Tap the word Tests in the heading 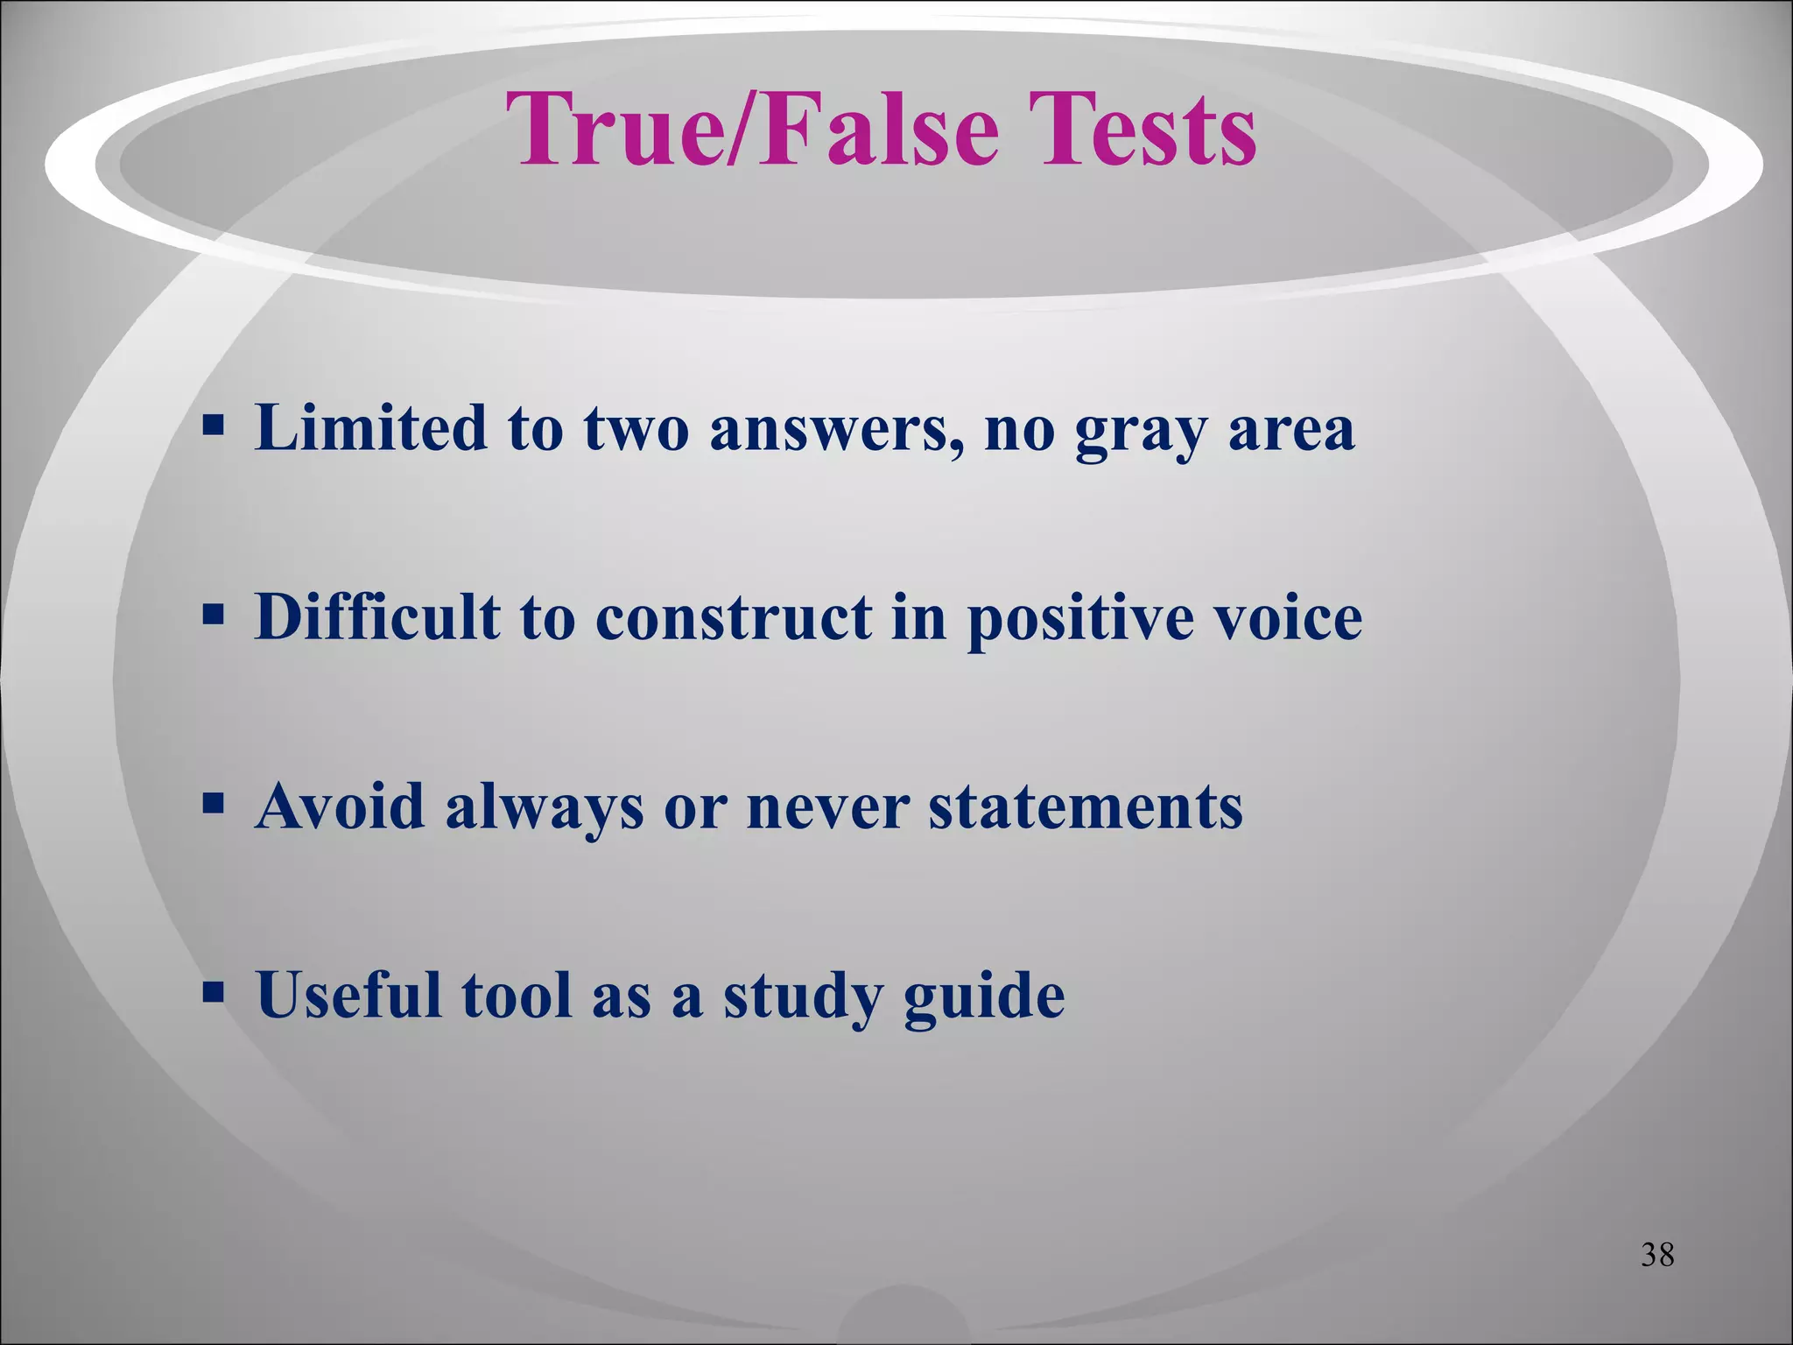(1142, 131)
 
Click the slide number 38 (1657, 1255)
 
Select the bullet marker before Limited (213, 428)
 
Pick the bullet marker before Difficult (213, 616)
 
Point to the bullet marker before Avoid (213, 805)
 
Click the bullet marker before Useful (213, 994)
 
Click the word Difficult (377, 616)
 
